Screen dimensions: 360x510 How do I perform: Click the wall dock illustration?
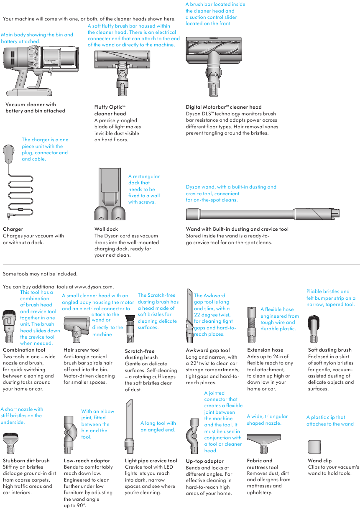[x=110, y=194]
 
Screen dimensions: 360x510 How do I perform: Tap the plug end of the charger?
[x=9, y=152]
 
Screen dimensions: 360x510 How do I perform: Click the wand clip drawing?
[x=314, y=447]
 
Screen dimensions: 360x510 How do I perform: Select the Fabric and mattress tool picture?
[x=264, y=443]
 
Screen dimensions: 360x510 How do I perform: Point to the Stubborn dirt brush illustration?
[x=10, y=443]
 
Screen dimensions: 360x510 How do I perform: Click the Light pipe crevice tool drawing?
[x=129, y=426]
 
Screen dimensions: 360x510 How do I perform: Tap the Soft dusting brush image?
[x=314, y=329]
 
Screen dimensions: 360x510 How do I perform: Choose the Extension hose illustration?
[x=252, y=325]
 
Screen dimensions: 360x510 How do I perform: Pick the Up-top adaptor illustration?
[x=193, y=436]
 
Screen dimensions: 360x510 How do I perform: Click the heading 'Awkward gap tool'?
[x=208, y=350]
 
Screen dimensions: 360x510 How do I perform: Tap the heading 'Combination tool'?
[x=24, y=350]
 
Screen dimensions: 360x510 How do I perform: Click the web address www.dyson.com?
[x=94, y=287]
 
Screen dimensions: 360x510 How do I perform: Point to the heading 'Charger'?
[x=13, y=229]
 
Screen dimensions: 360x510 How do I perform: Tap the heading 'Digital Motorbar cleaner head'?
[x=224, y=107]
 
